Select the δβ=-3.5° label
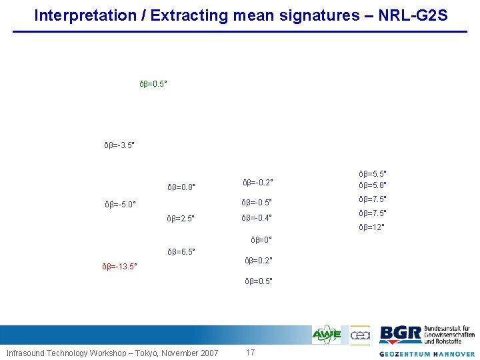[x=120, y=145]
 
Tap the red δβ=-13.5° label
[x=120, y=267]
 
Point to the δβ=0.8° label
[x=181, y=187]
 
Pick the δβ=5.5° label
[x=373, y=172]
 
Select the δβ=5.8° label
[x=373, y=185]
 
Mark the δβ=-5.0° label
[x=121, y=204]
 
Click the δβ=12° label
[x=371, y=227]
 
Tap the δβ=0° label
[x=261, y=239]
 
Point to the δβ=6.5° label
[x=181, y=252]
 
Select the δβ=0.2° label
[x=259, y=260]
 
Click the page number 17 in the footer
[x=251, y=352]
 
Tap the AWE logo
[x=327, y=335]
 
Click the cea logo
[x=360, y=335]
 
